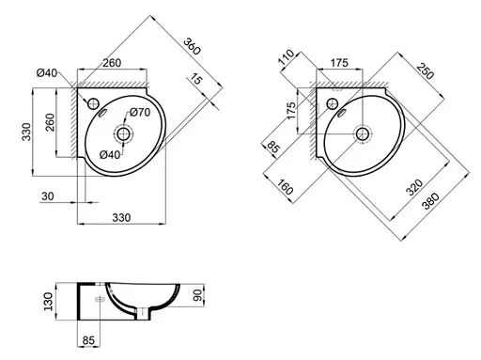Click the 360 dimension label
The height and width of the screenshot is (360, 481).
pyautogui.click(x=192, y=46)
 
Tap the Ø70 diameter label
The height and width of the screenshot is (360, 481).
pyautogui.click(x=140, y=112)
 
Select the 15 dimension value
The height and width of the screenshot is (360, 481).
pyautogui.click(x=195, y=79)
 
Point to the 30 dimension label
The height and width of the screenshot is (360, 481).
pyautogui.click(x=48, y=196)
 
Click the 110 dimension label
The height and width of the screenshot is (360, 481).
pyautogui.click(x=287, y=56)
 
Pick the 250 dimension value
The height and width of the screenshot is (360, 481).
pyautogui.click(x=426, y=70)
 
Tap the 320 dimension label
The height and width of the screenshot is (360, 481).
pyautogui.click(x=414, y=187)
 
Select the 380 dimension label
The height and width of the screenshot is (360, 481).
pyautogui.click(x=430, y=201)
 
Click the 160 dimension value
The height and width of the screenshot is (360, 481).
pyautogui.click(x=285, y=187)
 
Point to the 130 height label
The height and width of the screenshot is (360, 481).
pyautogui.click(x=48, y=302)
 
